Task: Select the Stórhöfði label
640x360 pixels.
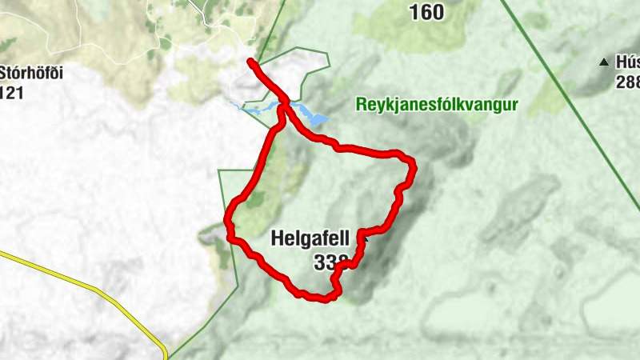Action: [x=30, y=74]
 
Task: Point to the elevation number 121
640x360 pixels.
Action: [x=13, y=93]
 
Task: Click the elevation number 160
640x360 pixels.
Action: [x=426, y=12]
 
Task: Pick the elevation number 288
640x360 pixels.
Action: [x=627, y=82]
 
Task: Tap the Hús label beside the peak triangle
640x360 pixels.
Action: [x=627, y=62]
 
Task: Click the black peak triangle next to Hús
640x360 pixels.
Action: [x=604, y=62]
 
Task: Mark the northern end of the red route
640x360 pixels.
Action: [x=251, y=62]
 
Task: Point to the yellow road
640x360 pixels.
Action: [x=88, y=286]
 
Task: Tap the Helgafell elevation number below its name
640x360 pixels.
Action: [x=330, y=262]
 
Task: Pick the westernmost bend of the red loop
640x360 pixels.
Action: [x=228, y=218]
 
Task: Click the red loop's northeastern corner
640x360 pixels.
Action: [x=411, y=162]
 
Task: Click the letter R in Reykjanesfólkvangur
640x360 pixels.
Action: [x=358, y=105]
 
